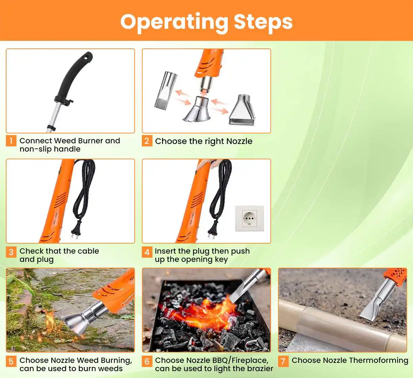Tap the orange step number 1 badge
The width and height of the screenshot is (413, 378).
[x=11, y=141]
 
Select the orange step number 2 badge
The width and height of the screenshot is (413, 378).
[x=147, y=141]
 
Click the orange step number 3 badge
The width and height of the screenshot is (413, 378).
[x=11, y=252]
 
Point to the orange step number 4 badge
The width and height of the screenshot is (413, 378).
[x=147, y=252]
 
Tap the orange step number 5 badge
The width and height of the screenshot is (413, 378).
[x=11, y=361]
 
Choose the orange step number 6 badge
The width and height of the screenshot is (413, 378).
[x=147, y=361]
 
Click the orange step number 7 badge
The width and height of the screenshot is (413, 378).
[x=283, y=361]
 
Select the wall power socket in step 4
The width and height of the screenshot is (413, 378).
[x=249, y=218]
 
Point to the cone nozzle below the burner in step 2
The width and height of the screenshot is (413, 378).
[x=197, y=110]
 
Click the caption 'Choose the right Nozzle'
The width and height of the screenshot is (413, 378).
[x=203, y=141]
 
